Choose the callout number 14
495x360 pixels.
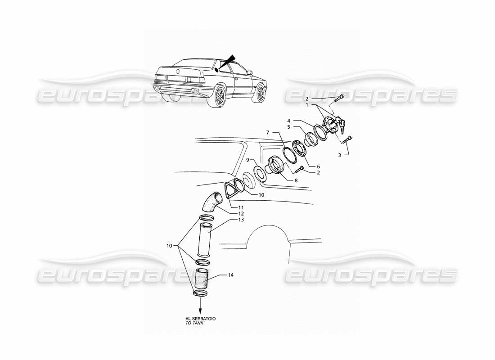pos(231,274)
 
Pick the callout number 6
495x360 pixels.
pos(318,166)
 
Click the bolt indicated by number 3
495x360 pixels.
pos(347,140)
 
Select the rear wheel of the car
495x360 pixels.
pos(221,95)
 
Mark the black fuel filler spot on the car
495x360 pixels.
pos(216,70)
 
